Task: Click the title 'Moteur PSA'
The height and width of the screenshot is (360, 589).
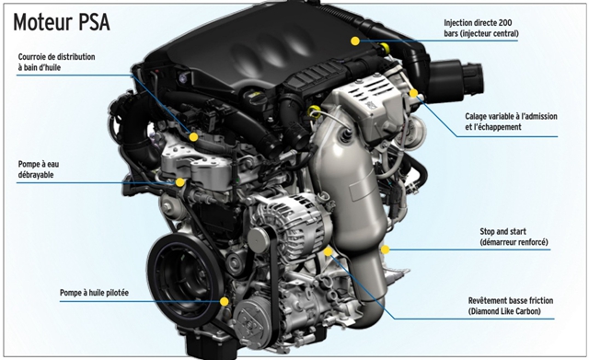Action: [62, 22]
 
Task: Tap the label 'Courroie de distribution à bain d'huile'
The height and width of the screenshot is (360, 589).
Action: [56, 62]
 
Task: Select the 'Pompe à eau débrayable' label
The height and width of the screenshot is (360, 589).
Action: [39, 169]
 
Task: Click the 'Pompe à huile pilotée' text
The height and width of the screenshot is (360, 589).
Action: [94, 293]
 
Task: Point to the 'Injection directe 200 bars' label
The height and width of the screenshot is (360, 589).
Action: [480, 29]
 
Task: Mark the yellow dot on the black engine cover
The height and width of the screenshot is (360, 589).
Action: [355, 41]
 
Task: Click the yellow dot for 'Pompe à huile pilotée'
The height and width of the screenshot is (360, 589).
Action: [225, 301]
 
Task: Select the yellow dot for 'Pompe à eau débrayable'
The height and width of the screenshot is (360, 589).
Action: [180, 182]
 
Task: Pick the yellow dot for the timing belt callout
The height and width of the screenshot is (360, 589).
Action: [193, 137]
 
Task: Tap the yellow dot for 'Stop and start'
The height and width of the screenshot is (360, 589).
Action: [385, 250]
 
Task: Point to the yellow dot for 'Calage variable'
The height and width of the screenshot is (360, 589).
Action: [413, 93]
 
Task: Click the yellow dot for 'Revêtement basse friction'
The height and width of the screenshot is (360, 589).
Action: [328, 251]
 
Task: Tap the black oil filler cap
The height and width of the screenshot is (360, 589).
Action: [255, 98]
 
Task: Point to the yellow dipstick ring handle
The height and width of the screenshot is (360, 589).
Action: [314, 111]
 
